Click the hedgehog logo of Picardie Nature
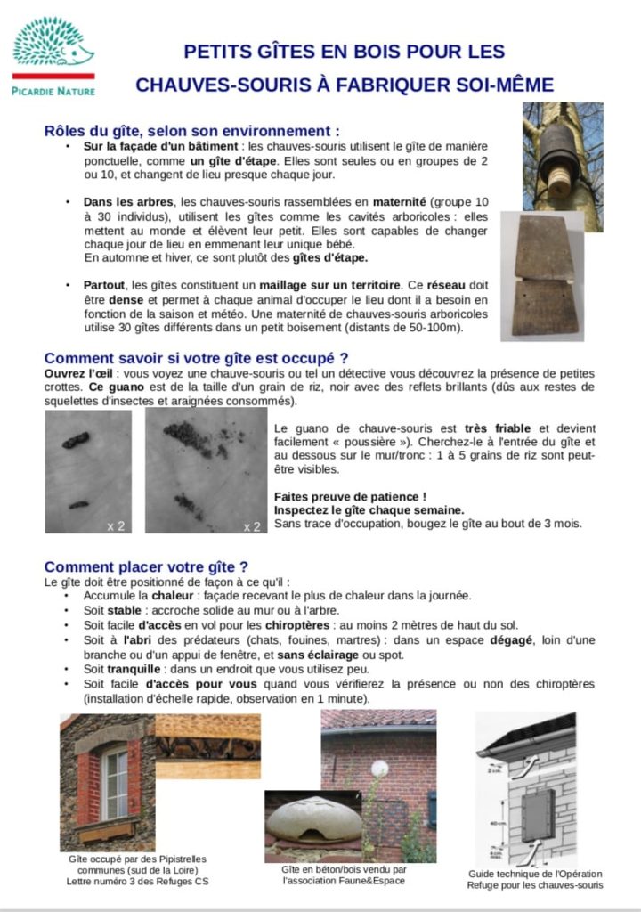click(x=53, y=45)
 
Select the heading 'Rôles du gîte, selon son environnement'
click(x=191, y=130)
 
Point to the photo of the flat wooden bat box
click(x=542, y=275)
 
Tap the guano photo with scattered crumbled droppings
click(x=206, y=472)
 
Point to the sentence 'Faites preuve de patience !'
click(x=350, y=496)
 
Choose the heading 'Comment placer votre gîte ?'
click(x=146, y=566)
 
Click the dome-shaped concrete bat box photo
click(x=313, y=825)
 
